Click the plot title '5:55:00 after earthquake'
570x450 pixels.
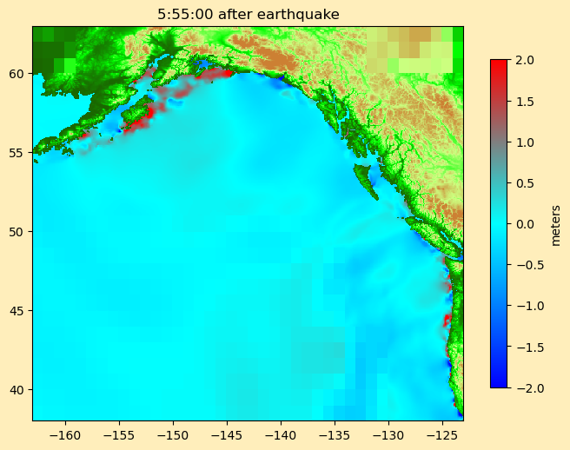click(248, 14)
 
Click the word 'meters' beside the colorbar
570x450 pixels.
click(556, 224)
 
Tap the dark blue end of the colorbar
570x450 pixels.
click(498, 383)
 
